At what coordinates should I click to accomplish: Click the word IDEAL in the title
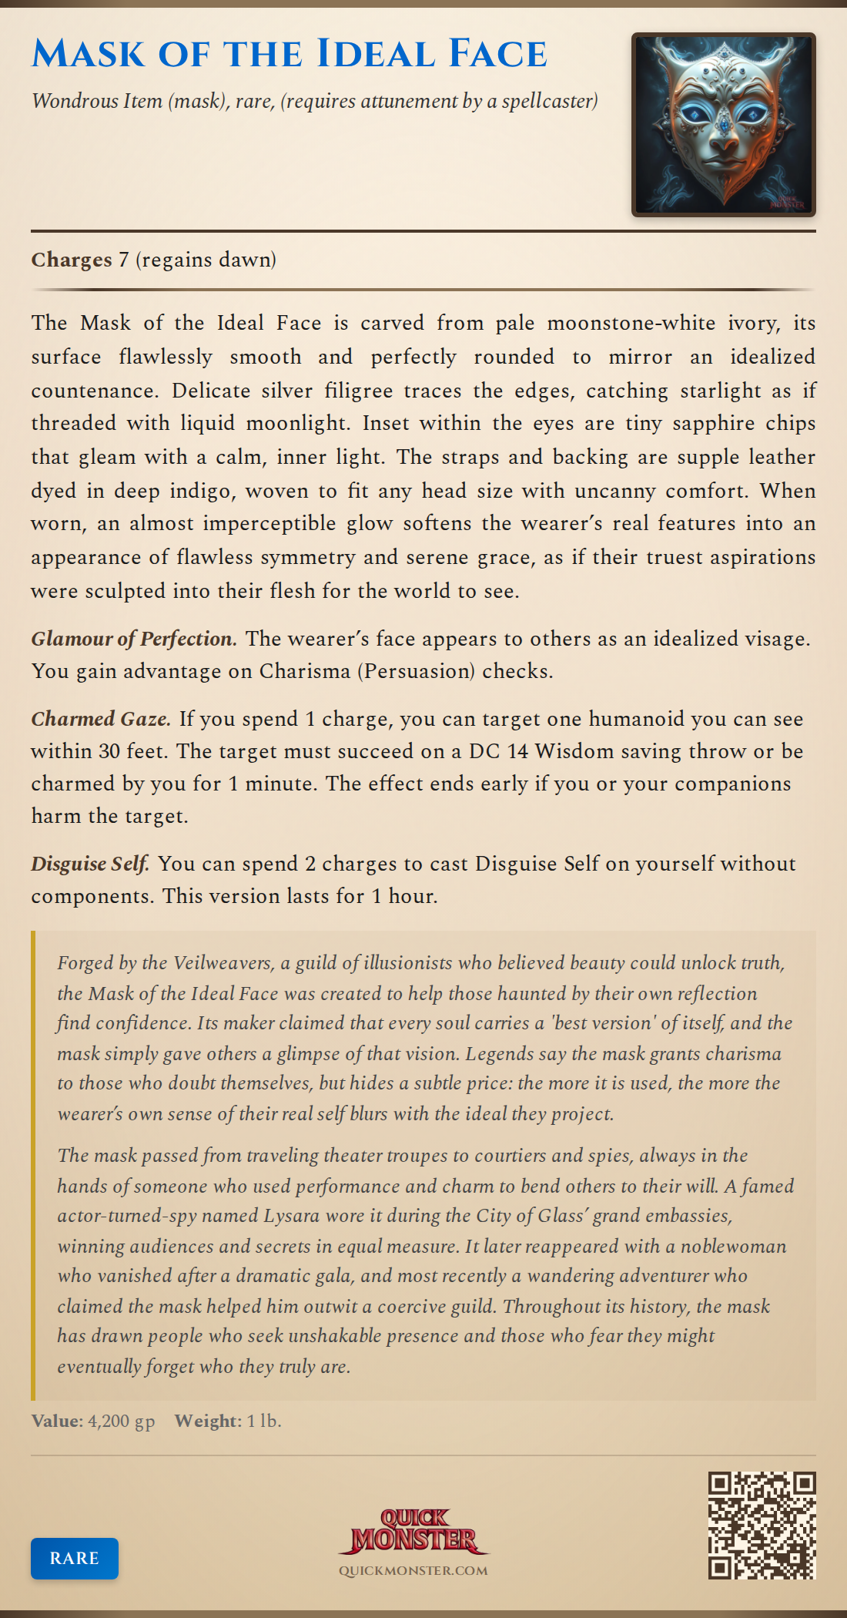(x=377, y=54)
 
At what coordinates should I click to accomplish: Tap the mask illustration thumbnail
(x=723, y=125)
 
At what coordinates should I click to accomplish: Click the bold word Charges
(x=72, y=260)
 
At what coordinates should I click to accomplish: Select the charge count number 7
(x=123, y=260)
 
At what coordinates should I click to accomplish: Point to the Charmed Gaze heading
(x=101, y=719)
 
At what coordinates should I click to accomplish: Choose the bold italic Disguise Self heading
(x=90, y=864)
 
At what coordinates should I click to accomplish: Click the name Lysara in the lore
(x=293, y=1216)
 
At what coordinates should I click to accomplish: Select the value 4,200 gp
(x=122, y=1421)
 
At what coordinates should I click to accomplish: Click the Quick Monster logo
(x=413, y=1531)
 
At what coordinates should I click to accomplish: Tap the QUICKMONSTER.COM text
(x=413, y=1570)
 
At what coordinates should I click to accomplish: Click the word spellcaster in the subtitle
(x=550, y=101)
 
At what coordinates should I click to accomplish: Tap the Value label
(x=57, y=1421)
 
